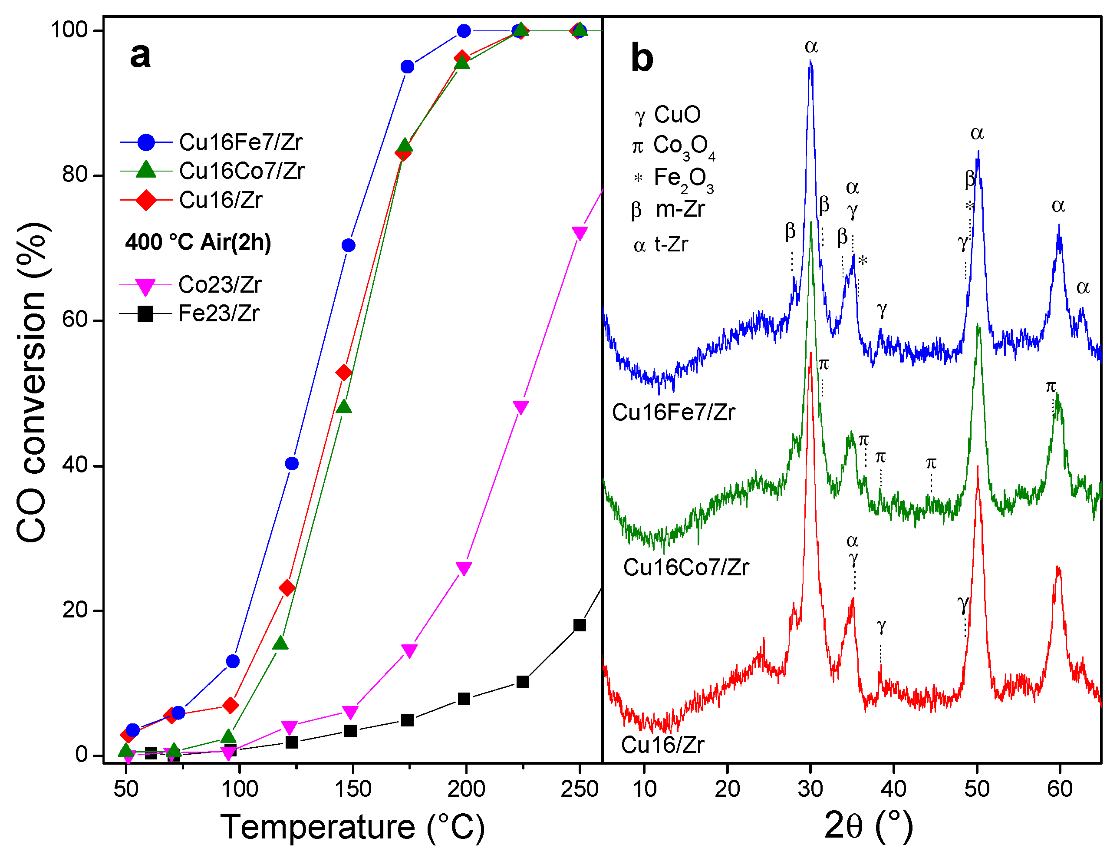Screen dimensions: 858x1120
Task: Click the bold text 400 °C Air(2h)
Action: coord(198,242)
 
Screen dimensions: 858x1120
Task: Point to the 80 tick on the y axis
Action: coord(75,175)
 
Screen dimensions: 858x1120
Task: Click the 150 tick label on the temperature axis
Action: coord(352,789)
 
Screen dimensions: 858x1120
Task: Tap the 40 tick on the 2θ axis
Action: coord(893,789)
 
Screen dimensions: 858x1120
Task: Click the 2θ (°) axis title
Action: coord(868,826)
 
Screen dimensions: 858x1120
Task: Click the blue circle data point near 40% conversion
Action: coord(291,464)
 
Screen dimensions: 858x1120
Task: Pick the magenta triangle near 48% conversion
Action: coord(520,407)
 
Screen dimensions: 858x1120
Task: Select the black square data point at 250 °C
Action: coord(580,625)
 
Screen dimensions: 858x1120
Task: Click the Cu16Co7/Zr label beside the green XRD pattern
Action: coord(685,568)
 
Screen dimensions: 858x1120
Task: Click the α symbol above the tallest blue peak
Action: coord(811,46)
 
